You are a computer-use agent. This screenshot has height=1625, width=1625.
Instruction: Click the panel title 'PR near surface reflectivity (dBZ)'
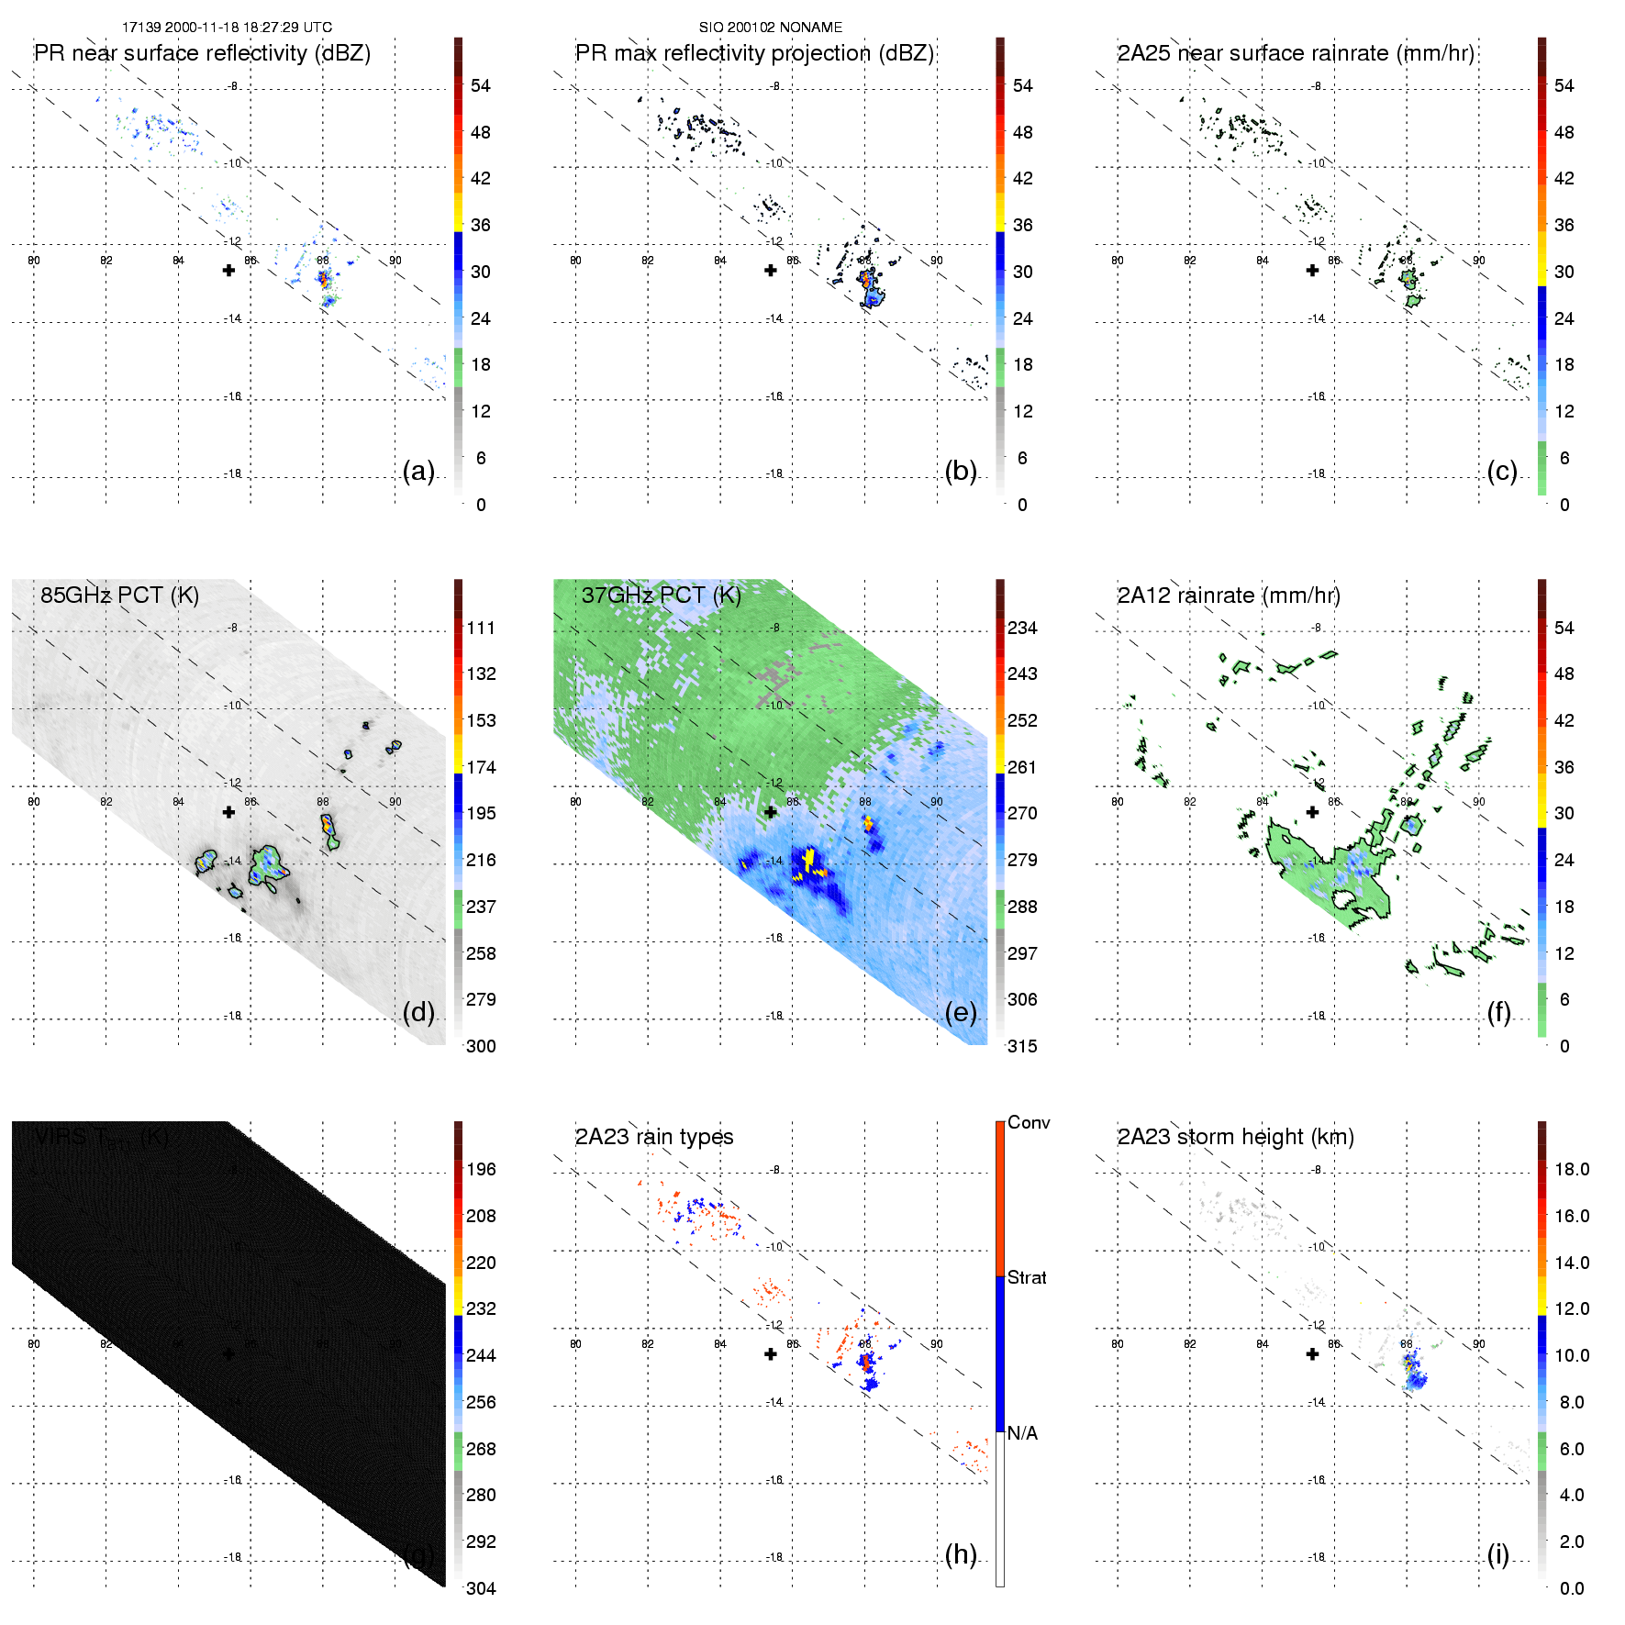tap(202, 53)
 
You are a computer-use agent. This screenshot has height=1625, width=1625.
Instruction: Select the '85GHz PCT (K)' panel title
tap(119, 595)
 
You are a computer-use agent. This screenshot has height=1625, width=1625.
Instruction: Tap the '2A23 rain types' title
tap(654, 1137)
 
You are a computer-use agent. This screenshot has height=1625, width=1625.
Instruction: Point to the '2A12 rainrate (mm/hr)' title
tap(1229, 595)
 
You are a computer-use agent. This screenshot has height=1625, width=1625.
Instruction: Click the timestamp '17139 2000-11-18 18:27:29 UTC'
tap(227, 28)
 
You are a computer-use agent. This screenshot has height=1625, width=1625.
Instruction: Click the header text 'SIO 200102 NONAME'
tap(771, 28)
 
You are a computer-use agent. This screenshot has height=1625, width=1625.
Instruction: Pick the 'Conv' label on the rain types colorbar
tap(1029, 1123)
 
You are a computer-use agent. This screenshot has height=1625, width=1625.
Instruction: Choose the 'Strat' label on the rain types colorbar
tap(1027, 1278)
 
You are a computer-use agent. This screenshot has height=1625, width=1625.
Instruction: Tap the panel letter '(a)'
tap(418, 471)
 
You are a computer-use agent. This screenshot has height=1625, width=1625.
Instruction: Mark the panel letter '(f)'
tap(1498, 1012)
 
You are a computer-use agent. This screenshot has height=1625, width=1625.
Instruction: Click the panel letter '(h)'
tap(961, 1554)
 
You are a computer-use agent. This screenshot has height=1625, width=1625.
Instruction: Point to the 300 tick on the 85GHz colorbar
tap(481, 1046)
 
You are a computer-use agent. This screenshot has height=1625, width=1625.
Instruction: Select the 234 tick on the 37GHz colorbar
tap(1022, 629)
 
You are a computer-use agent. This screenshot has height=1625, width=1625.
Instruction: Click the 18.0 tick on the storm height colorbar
tap(1571, 1170)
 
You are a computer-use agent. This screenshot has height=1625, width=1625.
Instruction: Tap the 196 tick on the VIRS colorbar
tap(481, 1170)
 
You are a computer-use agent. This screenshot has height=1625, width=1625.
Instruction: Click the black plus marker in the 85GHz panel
tap(228, 812)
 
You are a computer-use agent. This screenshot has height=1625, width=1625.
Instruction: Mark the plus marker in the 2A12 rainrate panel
tap(1312, 812)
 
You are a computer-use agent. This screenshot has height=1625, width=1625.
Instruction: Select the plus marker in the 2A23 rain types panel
tap(771, 1354)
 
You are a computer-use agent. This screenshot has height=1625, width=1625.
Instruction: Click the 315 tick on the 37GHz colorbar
tap(1022, 1046)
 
